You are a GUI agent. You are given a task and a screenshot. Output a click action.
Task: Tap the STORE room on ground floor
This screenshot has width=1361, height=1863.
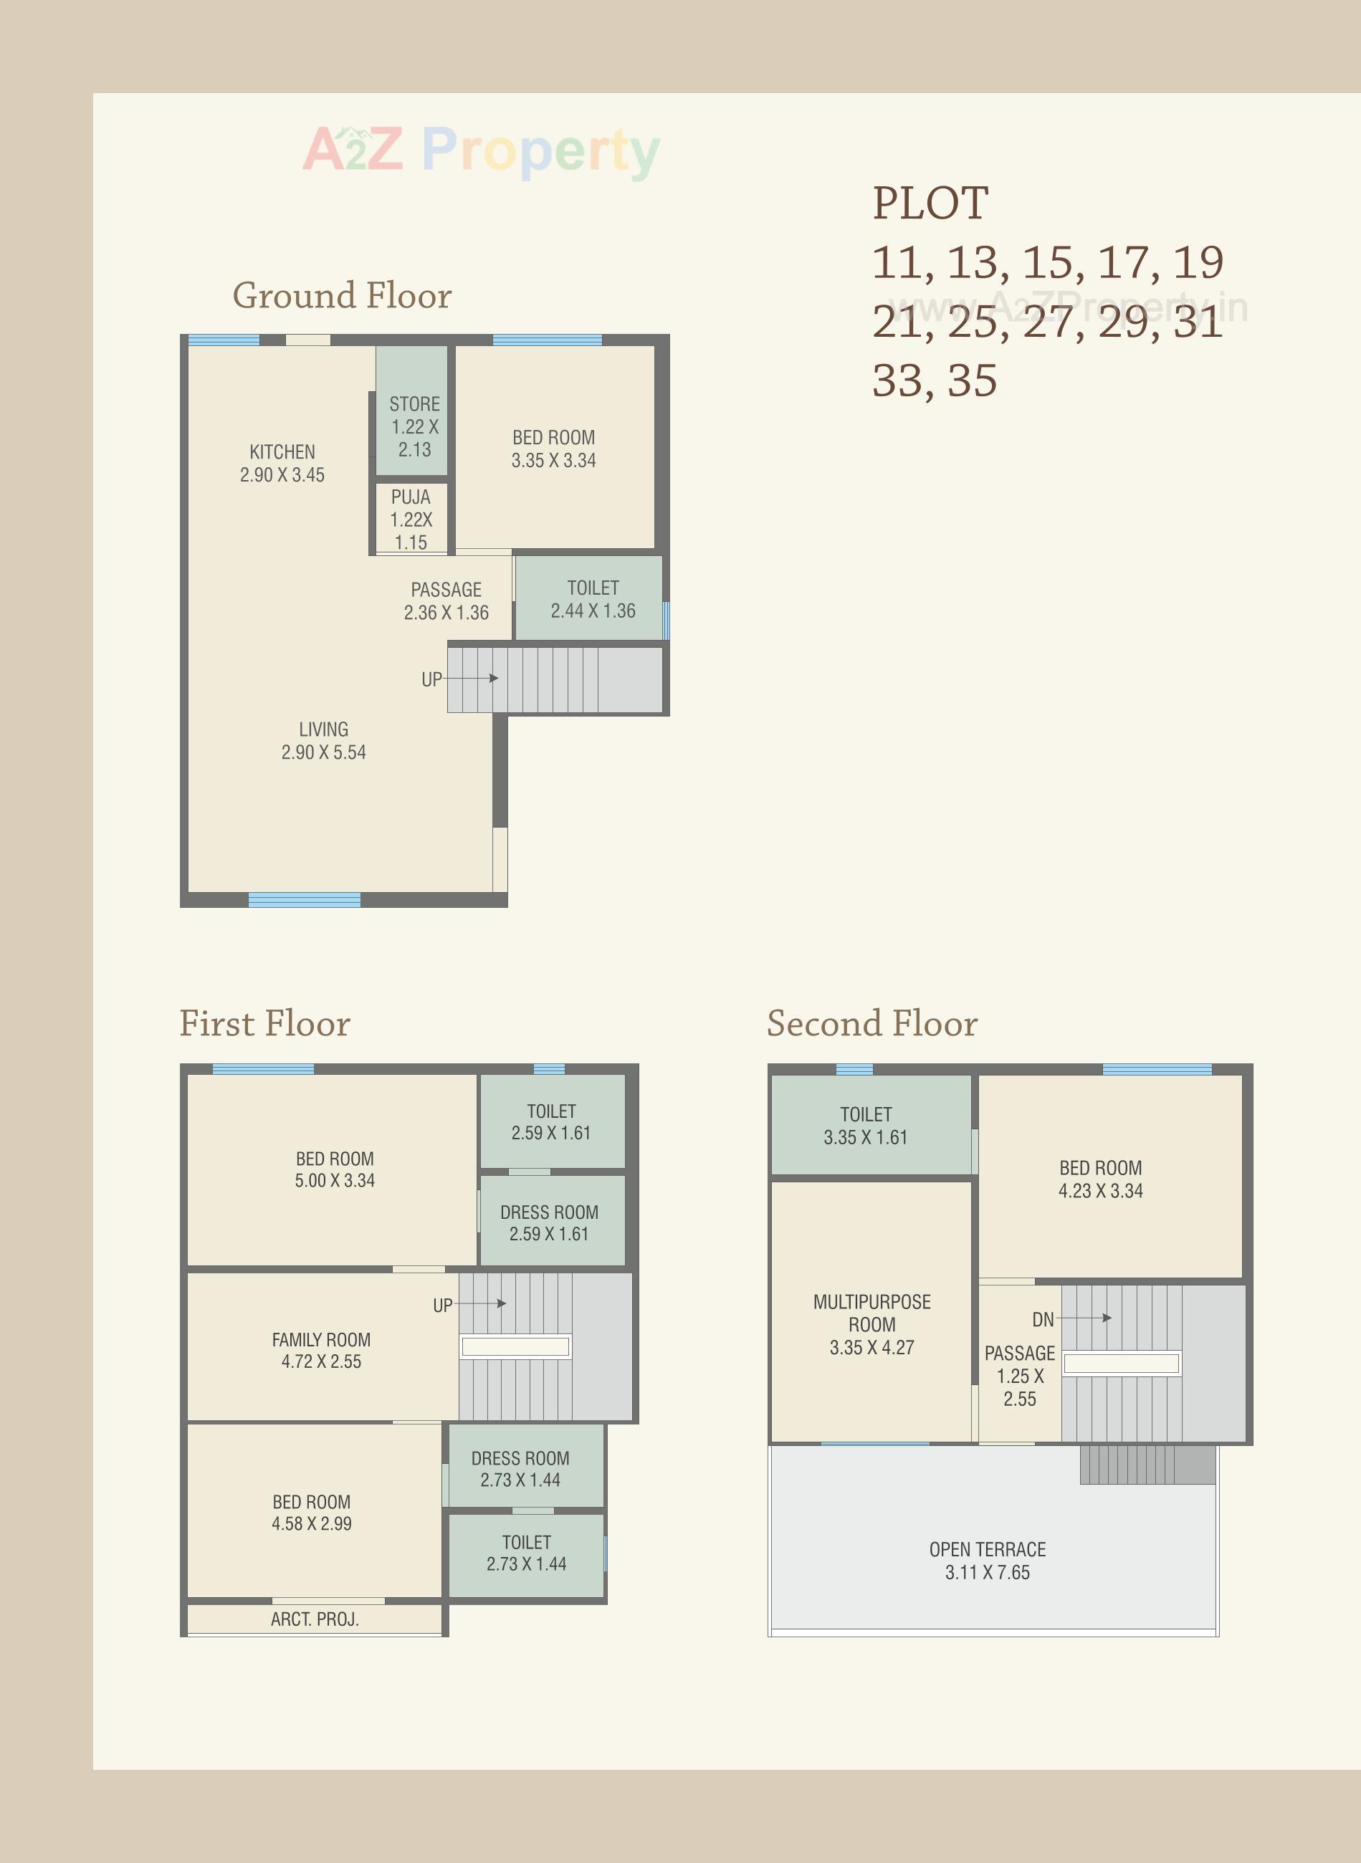pos(414,426)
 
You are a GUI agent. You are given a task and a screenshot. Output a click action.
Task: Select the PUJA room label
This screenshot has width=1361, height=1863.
pos(410,519)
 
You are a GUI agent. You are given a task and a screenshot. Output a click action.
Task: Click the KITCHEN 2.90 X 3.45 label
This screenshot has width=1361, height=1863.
pos(282,463)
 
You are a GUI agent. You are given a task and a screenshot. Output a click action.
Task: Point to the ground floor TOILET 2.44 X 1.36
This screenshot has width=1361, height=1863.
pos(593,599)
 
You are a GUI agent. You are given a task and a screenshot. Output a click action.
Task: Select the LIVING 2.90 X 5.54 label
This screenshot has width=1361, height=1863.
pos(323,740)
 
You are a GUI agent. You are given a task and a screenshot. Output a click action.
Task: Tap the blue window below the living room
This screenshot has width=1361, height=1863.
pos(304,899)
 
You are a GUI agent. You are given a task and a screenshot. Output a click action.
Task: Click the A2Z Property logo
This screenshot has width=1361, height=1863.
pos(481,150)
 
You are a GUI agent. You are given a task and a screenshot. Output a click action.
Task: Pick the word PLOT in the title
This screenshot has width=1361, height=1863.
pos(930,203)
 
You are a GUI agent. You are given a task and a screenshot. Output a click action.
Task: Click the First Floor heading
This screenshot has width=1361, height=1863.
pos(264,1023)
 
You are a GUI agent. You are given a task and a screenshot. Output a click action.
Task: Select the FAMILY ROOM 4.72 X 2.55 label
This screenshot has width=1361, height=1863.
pos(320,1350)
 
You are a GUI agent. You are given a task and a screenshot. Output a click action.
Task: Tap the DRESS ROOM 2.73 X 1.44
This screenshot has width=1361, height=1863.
pos(520,1468)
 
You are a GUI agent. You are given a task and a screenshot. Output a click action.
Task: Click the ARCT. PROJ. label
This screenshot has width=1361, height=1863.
pos(314,1619)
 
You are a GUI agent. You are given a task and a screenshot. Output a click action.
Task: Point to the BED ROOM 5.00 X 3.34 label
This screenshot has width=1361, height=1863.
pos(335,1169)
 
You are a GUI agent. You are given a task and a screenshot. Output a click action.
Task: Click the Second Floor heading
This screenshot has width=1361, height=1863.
pos(871,1023)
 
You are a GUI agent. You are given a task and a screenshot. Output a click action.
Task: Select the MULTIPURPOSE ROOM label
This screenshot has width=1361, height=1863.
pos(871,1324)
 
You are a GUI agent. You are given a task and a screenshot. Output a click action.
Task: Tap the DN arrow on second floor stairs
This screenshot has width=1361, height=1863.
pos(1084,1318)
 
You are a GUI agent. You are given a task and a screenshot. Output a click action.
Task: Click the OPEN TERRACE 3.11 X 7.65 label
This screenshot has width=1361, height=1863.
pos(987,1561)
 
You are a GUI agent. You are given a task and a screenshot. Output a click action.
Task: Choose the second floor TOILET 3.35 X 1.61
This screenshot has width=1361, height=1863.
pos(865,1125)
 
